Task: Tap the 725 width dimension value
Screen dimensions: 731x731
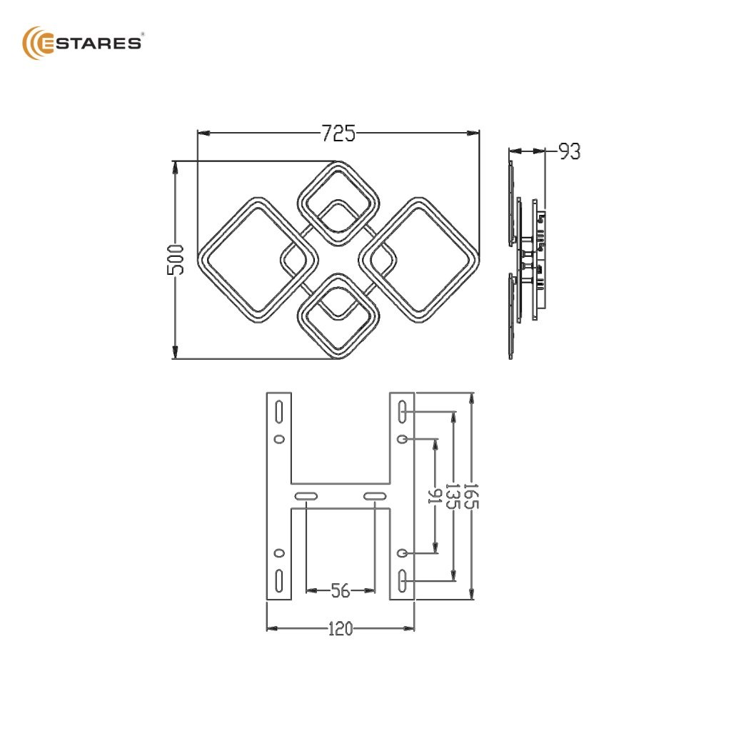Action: coord(338,133)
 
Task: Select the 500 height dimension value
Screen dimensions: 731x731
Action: coord(176,260)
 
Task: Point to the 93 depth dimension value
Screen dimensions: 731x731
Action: coord(570,152)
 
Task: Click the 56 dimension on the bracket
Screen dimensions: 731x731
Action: coord(341,590)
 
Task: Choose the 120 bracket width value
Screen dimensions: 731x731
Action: coord(341,629)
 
